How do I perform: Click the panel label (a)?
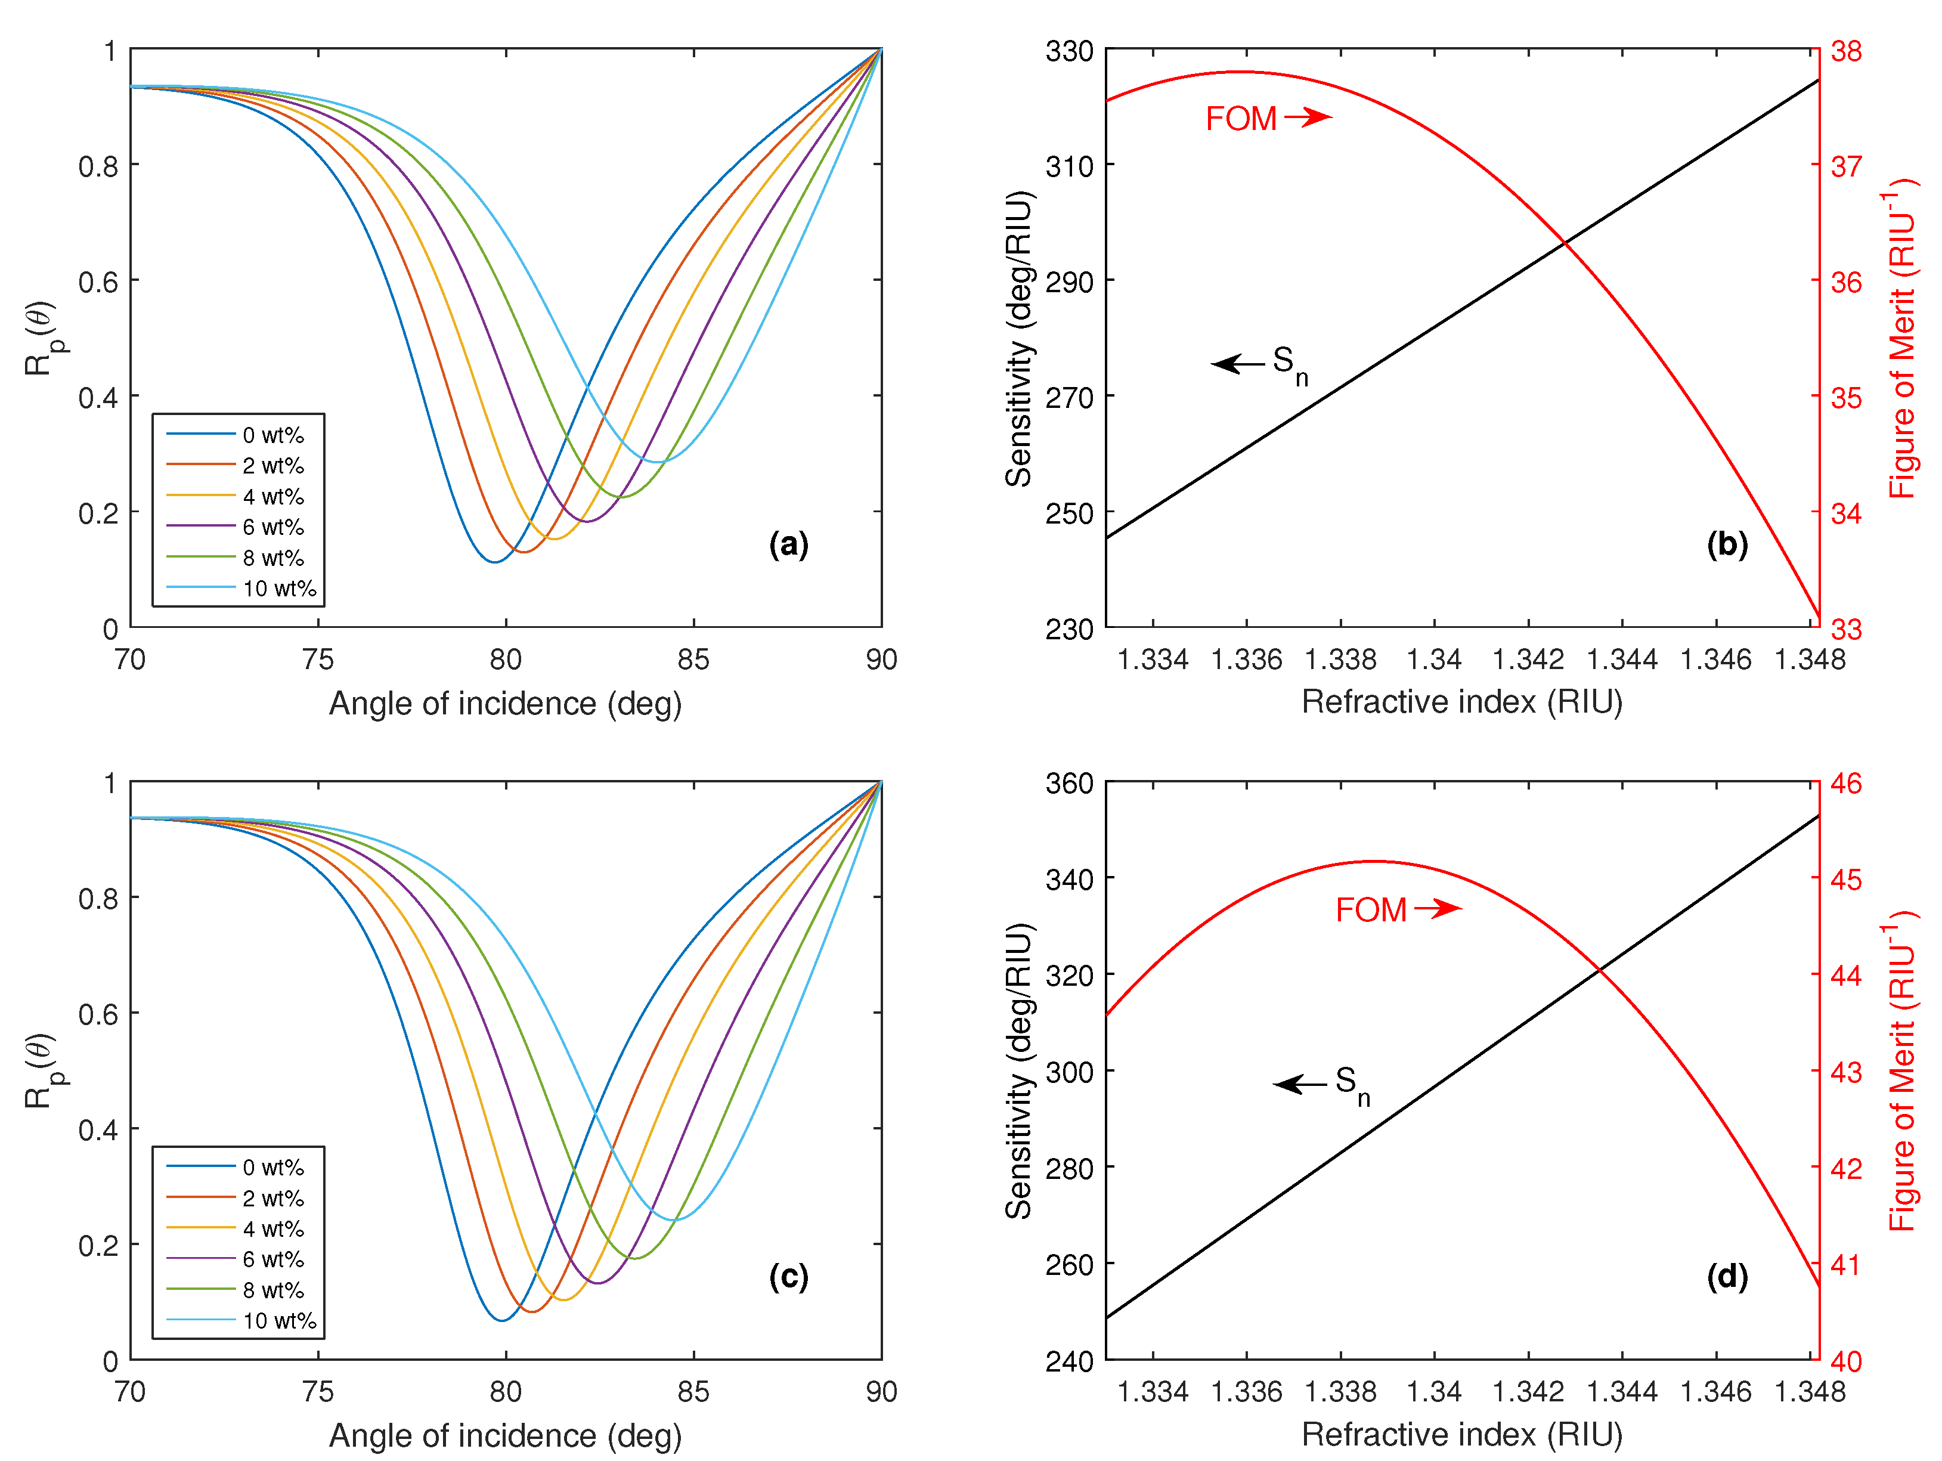(x=788, y=544)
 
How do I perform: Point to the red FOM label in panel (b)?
(x=1241, y=119)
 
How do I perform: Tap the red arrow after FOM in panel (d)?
(x=1437, y=909)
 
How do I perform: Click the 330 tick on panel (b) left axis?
(x=1068, y=51)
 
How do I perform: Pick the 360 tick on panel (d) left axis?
(x=1068, y=782)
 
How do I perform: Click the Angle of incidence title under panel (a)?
(x=505, y=703)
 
